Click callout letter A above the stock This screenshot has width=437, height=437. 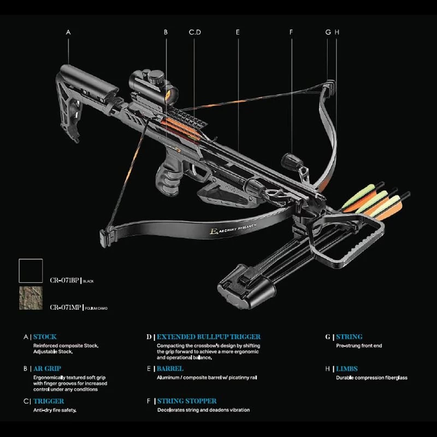point(68,32)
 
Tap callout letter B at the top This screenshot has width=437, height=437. point(166,32)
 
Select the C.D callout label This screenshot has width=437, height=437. point(195,32)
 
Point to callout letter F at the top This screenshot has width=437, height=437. point(291,32)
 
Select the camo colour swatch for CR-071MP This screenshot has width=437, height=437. point(31,298)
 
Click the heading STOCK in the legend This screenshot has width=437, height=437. point(45,337)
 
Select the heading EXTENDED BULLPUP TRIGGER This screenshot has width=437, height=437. point(209,337)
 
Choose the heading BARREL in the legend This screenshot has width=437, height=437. point(170,369)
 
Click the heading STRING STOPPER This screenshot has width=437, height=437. point(187,401)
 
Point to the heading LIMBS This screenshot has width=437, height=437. point(347,369)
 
